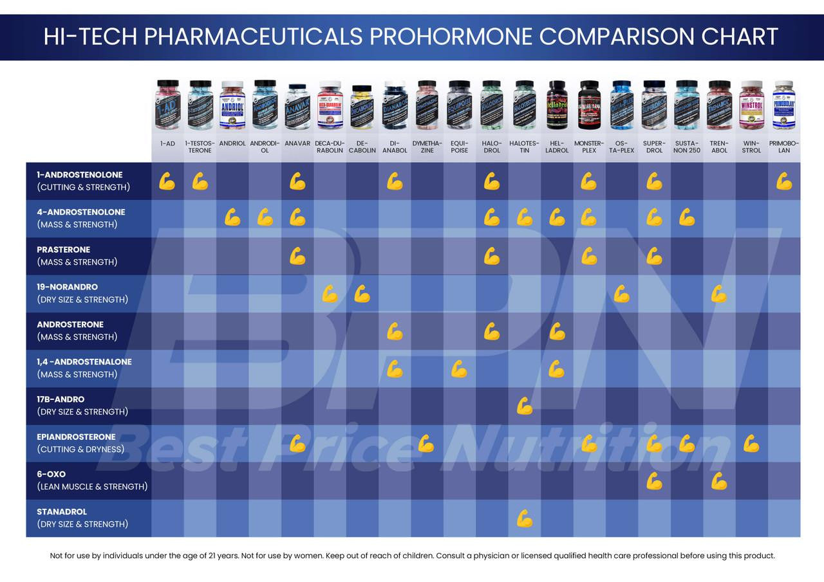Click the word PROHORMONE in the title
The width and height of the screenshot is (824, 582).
(x=451, y=37)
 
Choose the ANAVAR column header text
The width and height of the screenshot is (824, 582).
(x=297, y=143)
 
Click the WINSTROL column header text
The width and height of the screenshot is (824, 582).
(x=751, y=147)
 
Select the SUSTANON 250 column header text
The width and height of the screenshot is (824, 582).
(x=686, y=147)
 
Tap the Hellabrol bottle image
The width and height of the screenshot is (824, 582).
(x=557, y=105)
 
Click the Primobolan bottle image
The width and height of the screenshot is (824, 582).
(x=783, y=105)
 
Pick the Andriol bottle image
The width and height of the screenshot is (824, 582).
(x=232, y=105)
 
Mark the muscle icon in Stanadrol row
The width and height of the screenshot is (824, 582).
(x=525, y=518)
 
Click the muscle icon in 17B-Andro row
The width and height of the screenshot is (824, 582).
(x=525, y=406)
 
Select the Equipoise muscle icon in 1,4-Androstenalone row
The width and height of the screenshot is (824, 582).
(x=459, y=368)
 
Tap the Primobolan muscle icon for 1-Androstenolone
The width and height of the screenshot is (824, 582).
(x=783, y=181)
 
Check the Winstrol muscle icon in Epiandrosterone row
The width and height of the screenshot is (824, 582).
(x=751, y=443)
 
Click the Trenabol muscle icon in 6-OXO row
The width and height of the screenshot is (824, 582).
(x=719, y=480)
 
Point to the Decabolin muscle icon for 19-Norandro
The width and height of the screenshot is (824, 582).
(x=362, y=294)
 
